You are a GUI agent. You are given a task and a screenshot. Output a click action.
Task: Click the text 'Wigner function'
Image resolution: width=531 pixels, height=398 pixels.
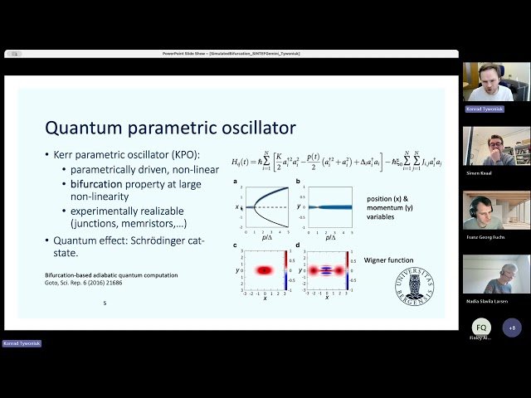click(x=389, y=260)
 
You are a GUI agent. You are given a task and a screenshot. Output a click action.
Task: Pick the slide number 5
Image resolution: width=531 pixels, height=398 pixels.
click(x=105, y=303)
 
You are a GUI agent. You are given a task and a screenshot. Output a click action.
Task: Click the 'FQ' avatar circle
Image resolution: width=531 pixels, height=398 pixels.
click(x=481, y=327)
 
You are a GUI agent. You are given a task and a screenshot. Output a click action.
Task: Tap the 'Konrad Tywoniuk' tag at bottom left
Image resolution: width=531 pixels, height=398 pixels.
click(x=22, y=342)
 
